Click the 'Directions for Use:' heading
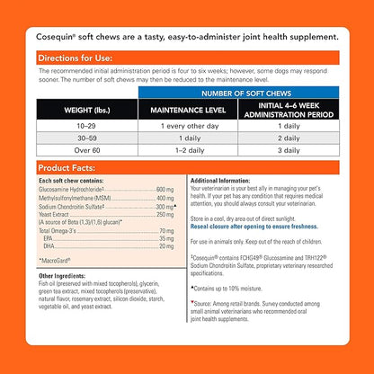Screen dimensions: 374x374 76,58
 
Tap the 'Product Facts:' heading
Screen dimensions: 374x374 67,168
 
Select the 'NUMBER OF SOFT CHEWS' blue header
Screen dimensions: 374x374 246,93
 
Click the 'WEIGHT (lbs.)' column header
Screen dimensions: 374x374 87,110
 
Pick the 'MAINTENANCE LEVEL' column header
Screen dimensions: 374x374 188,110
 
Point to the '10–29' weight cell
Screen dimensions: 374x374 86,126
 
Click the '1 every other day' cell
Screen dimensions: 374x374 190,126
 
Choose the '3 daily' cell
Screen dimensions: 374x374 289,150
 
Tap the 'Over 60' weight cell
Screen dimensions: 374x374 87,150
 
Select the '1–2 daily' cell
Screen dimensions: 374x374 190,150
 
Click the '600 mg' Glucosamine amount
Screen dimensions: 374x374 165,190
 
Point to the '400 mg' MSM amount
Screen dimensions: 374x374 165,198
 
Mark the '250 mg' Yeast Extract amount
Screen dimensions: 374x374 165,215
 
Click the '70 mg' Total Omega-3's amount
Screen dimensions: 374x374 166,231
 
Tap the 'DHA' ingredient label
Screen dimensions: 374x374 49,246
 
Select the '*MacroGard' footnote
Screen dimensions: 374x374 55,261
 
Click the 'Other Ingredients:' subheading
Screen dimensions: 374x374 62,276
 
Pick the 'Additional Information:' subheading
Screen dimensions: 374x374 220,181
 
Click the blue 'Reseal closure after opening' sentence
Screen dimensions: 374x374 254,227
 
